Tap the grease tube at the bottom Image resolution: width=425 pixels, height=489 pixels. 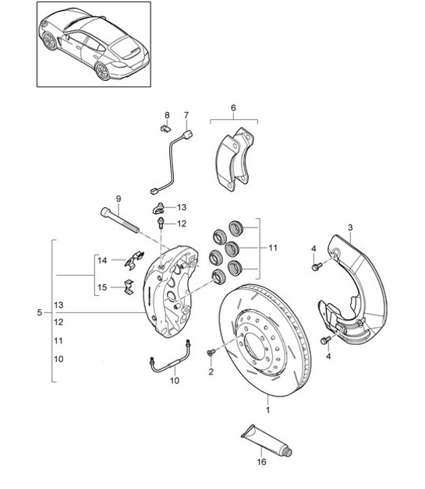(266, 440)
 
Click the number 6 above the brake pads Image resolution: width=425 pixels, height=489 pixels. (233, 107)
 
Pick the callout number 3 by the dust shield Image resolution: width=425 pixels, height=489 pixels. (350, 227)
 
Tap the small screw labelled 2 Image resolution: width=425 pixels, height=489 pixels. (211, 353)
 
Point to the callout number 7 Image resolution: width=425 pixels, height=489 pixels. (186, 115)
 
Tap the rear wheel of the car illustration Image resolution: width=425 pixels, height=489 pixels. (101, 71)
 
